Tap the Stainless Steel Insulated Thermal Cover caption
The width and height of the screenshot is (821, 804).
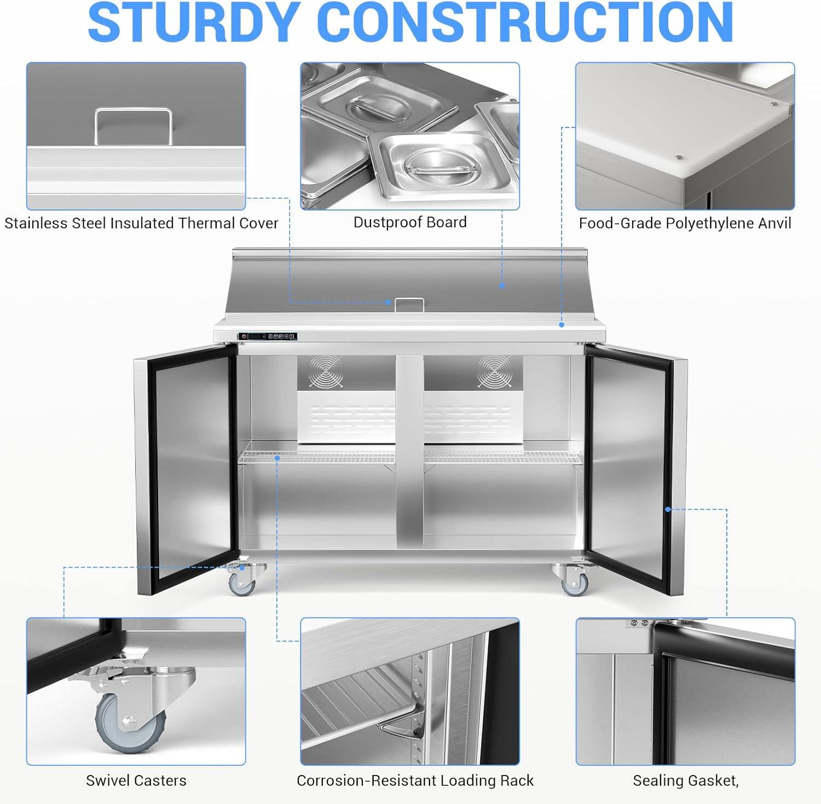[x=141, y=223]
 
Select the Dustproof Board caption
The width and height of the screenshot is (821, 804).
[x=410, y=222]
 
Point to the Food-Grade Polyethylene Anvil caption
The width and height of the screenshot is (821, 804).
[x=685, y=223]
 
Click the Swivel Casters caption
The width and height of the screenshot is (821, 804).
[x=136, y=780]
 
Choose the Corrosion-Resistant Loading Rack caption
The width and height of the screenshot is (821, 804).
[x=415, y=780]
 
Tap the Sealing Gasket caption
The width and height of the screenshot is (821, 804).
[x=685, y=780]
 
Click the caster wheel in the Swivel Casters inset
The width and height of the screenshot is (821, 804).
[x=130, y=723]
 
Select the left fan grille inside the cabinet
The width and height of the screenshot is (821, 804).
[x=325, y=371]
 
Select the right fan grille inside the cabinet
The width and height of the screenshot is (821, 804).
[x=494, y=371]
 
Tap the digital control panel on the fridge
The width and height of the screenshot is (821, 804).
[x=267, y=336]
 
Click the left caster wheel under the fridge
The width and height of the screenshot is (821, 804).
[x=241, y=585]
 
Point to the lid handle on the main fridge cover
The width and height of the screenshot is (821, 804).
[x=409, y=304]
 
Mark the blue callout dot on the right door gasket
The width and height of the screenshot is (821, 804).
[x=668, y=509]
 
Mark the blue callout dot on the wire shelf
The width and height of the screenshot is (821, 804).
[x=277, y=457]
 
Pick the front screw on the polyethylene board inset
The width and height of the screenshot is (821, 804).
[x=679, y=158]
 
